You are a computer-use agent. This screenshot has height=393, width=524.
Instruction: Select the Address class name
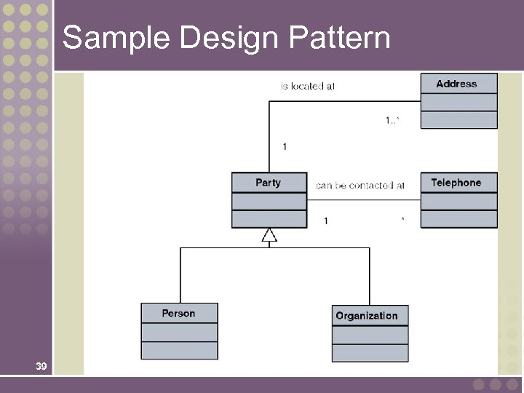pyautogui.click(x=456, y=84)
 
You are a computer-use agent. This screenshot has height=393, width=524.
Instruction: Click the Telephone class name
pyautogui.click(x=456, y=183)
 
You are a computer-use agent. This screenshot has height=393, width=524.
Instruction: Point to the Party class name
pyautogui.click(x=268, y=183)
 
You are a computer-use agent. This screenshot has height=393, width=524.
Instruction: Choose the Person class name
pyautogui.click(x=178, y=313)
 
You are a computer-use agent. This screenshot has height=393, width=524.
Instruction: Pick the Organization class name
pyautogui.click(x=367, y=316)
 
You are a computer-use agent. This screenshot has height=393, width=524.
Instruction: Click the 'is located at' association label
pyautogui.click(x=308, y=86)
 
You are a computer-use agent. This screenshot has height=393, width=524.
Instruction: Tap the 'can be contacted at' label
pyautogui.click(x=360, y=186)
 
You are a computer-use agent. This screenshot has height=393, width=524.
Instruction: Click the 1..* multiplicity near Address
pyautogui.click(x=392, y=121)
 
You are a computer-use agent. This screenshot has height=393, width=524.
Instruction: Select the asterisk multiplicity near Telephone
pyautogui.click(x=403, y=220)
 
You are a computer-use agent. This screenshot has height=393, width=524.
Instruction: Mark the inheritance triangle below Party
pyautogui.click(x=269, y=235)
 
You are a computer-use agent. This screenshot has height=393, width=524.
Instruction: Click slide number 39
pyautogui.click(x=41, y=367)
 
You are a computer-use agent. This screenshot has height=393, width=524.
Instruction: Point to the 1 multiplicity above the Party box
pyautogui.click(x=285, y=147)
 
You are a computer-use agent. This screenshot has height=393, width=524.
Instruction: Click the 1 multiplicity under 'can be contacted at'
pyautogui.click(x=326, y=221)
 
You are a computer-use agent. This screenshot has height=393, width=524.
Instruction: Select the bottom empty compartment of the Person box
pyautogui.click(x=179, y=351)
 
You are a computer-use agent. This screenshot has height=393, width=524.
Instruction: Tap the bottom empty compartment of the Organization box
pyautogui.click(x=370, y=353)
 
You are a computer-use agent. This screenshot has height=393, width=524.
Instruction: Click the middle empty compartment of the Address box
pyautogui.click(x=458, y=102)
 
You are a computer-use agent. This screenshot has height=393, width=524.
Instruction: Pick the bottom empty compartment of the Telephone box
pyautogui.click(x=458, y=219)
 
